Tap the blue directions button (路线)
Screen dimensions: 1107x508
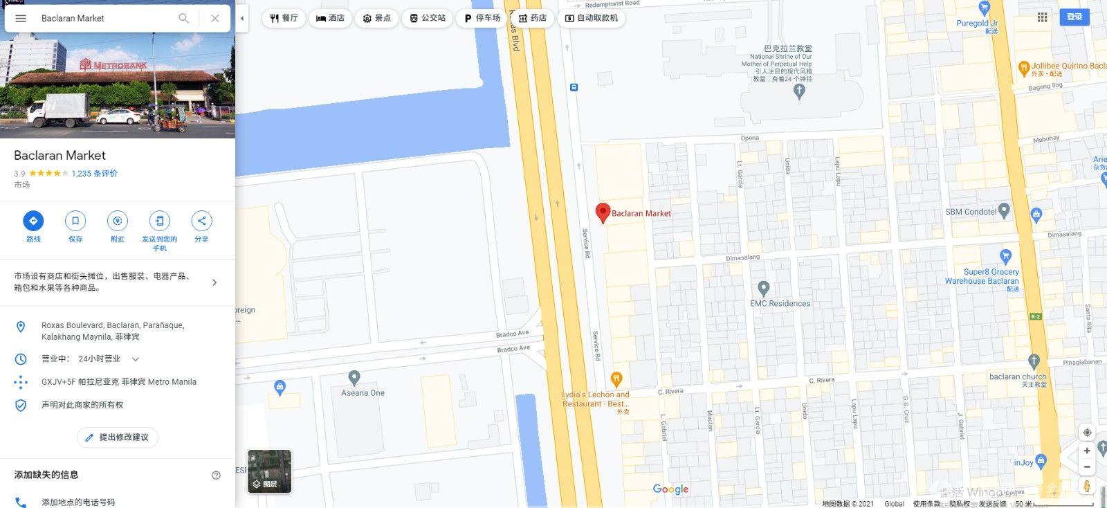[x=33, y=221]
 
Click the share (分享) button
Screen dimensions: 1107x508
[x=201, y=221]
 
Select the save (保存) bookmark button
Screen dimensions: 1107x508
[x=75, y=221]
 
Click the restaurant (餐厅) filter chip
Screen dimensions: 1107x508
[x=284, y=18]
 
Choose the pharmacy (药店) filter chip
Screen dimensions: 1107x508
[x=533, y=18]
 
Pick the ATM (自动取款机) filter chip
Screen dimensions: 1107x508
[x=592, y=18]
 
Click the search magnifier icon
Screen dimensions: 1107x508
[x=183, y=18]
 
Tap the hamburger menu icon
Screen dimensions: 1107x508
[x=21, y=18]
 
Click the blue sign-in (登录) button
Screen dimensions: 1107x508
[x=1074, y=17]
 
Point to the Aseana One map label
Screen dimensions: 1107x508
[x=363, y=392]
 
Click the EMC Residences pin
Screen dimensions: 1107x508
[x=763, y=288]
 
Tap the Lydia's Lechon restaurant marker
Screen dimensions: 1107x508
[x=616, y=379]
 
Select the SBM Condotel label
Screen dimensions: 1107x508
[x=971, y=212]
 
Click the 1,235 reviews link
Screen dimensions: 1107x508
[x=94, y=174]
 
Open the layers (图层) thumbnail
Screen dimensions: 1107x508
[x=269, y=471]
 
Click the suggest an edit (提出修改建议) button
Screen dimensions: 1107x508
[x=117, y=437]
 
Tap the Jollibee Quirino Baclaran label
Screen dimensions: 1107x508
[x=1068, y=66]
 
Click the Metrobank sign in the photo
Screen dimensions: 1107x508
[x=113, y=65]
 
